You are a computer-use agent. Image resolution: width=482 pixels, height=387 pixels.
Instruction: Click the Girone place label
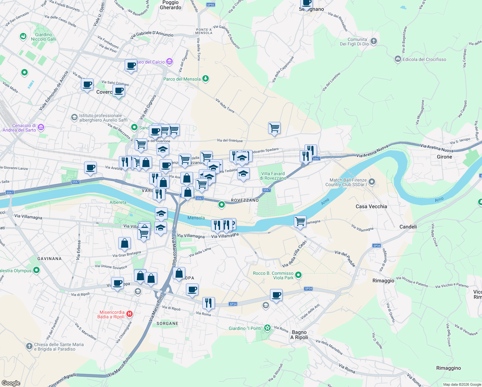pos(444,157)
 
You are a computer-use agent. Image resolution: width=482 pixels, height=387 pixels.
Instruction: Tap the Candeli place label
pos(408,227)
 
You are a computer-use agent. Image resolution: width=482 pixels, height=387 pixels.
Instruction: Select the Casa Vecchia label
pos(371,206)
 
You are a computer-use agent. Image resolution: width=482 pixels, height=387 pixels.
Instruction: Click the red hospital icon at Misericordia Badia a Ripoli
pos(130,313)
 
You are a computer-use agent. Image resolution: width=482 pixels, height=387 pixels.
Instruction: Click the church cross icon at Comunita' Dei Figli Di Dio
pos(374,41)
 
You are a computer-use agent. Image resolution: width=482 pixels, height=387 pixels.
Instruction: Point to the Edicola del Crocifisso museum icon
pos(398,59)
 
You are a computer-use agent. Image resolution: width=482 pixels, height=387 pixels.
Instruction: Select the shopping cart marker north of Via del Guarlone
pos(274,128)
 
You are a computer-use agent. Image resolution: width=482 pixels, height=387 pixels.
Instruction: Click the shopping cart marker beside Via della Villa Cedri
pos(300,222)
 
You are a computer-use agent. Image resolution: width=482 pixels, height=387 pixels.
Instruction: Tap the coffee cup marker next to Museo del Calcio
pos(131,65)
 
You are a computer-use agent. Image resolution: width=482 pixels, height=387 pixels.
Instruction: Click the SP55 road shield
pos(210,5)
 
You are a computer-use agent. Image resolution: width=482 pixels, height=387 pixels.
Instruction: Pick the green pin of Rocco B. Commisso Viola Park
pos(298,275)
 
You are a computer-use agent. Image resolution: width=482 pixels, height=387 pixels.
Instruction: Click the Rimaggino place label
pos(448,368)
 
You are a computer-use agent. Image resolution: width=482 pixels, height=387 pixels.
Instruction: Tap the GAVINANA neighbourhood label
pos(49,259)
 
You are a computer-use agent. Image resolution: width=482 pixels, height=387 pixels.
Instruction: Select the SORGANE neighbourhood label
pos(167,323)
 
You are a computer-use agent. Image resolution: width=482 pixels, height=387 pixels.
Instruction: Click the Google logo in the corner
pos(11,383)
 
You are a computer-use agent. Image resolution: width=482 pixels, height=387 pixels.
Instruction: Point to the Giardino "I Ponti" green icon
pos(267,328)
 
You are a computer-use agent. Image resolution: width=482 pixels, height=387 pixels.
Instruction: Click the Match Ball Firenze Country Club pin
pos(372,182)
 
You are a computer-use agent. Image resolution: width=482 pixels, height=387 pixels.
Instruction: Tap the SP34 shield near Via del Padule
pos(377,245)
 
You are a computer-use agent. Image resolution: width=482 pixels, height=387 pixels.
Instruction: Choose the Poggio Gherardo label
pos(170,5)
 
